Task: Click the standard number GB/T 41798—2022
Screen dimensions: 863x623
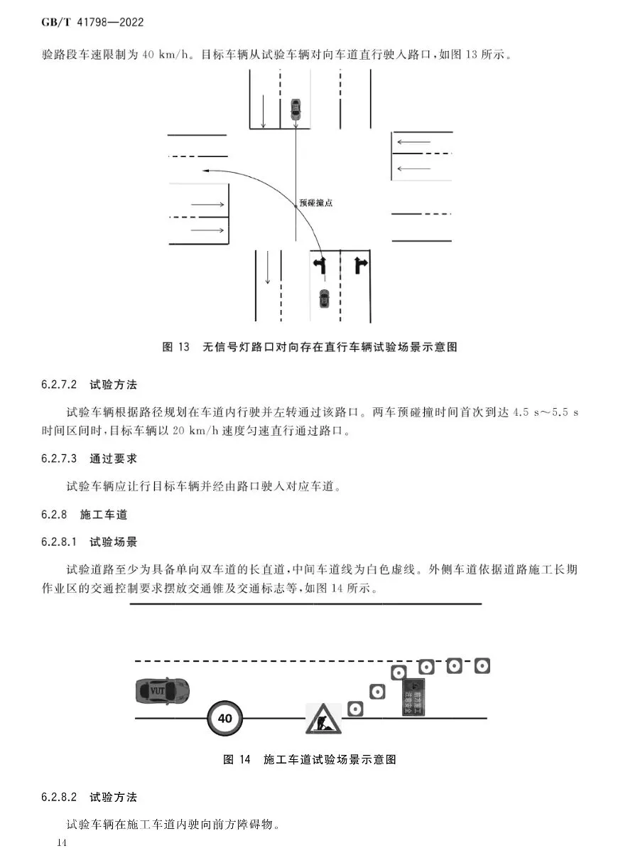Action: pos(92,22)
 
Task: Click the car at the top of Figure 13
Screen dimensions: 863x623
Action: pos(296,108)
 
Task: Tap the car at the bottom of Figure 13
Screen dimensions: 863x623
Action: pos(324,298)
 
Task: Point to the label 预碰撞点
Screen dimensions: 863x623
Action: pos(316,203)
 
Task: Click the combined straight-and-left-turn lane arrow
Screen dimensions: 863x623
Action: pos(320,266)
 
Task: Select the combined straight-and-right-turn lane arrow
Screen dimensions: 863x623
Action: pos(360,266)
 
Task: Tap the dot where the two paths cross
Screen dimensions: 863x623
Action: pos(296,206)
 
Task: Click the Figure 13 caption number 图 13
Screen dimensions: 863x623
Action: pos(176,347)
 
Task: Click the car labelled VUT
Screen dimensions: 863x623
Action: pos(162,690)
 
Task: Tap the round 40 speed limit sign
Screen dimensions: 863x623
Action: pos(224,718)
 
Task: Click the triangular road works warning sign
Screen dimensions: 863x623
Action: pos(323,719)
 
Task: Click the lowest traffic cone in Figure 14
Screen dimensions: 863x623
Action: pos(355,708)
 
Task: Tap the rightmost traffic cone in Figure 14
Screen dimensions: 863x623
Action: pos(482,666)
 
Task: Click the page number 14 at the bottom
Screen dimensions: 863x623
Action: pos(61,843)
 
